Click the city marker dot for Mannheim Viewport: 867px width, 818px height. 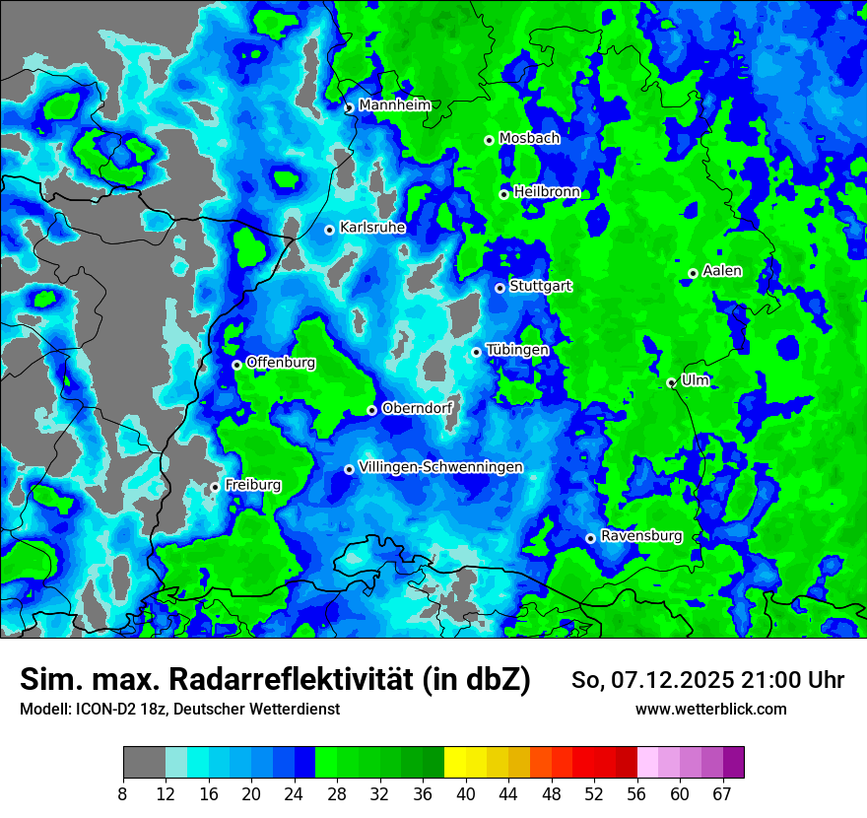(349, 108)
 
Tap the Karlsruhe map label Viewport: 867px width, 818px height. (372, 228)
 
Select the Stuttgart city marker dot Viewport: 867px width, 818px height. (500, 288)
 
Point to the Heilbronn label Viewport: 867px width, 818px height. (546, 192)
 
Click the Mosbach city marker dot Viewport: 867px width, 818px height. (489, 140)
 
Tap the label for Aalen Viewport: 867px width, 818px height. (722, 271)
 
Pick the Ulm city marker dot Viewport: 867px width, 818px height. (671, 383)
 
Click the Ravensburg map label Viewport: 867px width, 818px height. (641, 536)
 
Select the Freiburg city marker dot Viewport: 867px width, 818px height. (215, 487)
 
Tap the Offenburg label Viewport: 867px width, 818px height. (281, 363)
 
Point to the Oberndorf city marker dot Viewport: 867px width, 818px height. (371, 410)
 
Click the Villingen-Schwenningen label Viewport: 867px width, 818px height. (440, 467)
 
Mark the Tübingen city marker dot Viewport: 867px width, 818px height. (476, 352)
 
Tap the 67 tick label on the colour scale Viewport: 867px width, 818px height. (722, 794)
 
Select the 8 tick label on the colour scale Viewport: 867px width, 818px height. (123, 794)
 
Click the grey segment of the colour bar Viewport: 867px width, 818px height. (144, 763)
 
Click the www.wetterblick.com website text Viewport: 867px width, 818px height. (710, 710)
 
